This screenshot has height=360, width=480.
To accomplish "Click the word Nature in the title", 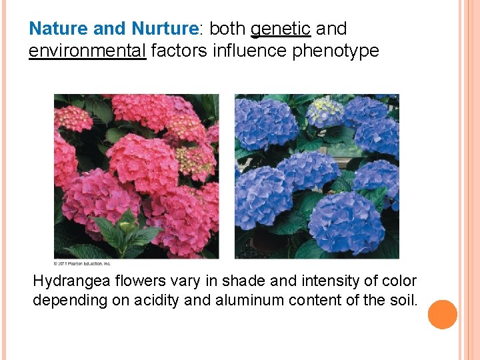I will (x=55, y=29).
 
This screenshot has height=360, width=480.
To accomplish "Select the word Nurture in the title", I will (x=165, y=29).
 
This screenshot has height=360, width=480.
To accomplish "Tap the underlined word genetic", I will (x=281, y=29).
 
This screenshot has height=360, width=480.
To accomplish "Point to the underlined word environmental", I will (x=87, y=51).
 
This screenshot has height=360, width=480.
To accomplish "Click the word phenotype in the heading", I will (x=336, y=51).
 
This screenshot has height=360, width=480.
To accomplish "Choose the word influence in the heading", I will (x=250, y=51).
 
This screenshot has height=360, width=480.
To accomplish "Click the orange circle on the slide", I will (x=442, y=315).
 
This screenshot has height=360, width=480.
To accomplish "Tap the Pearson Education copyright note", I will (x=83, y=262).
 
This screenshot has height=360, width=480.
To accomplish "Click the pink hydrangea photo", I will (x=136, y=177).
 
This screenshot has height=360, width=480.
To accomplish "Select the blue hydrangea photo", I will (x=317, y=177).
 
